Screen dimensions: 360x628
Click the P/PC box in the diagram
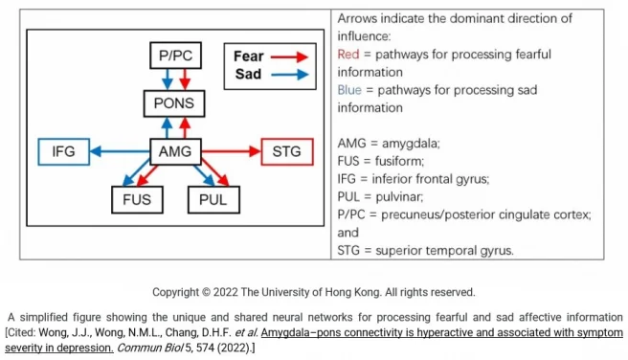174,56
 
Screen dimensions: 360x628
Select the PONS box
174,103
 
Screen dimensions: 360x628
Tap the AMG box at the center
174,151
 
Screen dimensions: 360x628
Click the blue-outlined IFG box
62,151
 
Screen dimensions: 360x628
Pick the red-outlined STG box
285,151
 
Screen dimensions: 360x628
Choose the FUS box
135,200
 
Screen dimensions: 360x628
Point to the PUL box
213,200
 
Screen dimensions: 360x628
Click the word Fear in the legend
249,56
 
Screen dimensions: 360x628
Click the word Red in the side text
348,55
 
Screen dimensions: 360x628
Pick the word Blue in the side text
350,90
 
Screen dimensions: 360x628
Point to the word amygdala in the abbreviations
409,143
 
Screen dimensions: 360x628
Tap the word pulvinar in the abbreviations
403,196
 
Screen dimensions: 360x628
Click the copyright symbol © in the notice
224,292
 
